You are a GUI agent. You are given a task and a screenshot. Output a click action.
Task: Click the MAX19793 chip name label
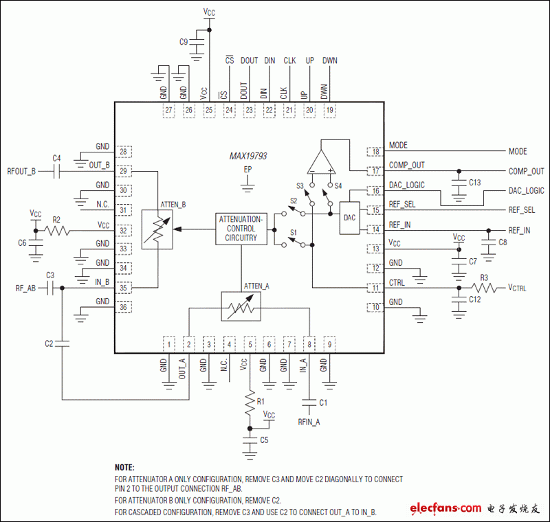pos(248,157)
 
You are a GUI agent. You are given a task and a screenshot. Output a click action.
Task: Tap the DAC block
pos(350,217)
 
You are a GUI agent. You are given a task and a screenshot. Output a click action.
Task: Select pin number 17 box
pos(375,171)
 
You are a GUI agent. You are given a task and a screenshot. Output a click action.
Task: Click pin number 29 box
pos(124,170)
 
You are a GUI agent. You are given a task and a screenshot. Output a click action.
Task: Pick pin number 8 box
pos(310,343)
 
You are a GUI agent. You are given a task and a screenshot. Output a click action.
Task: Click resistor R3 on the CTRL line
pos(484,288)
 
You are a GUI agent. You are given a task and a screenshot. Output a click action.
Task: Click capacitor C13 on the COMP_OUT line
pos(458,183)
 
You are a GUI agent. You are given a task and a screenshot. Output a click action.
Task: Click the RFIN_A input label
pos(309,422)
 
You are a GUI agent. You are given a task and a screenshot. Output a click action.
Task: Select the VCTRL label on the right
pos(517,288)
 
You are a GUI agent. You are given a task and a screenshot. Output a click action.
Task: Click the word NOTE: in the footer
pos(124,466)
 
